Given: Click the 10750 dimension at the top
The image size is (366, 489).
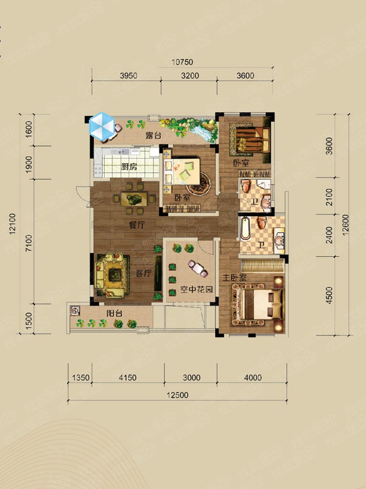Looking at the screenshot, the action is [x=182, y=62].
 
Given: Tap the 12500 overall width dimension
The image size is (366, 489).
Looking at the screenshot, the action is [x=177, y=395].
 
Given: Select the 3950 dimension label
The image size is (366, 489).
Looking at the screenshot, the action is [x=129, y=75].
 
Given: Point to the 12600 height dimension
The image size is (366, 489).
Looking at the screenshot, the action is [x=346, y=225].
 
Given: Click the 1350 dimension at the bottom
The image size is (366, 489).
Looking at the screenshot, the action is [x=81, y=378].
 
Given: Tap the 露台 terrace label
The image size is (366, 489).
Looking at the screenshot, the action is [x=153, y=136].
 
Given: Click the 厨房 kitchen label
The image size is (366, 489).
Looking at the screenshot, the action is [x=129, y=167].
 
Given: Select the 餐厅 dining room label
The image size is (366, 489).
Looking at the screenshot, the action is [x=137, y=225].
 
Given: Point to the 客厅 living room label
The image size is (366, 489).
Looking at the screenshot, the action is [x=144, y=273].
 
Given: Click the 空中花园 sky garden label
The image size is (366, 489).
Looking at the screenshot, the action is [x=197, y=289].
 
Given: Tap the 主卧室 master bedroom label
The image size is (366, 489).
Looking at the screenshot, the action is [x=234, y=277].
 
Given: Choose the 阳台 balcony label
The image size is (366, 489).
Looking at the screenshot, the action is [x=114, y=314].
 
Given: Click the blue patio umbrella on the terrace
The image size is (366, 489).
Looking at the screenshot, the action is [x=102, y=126].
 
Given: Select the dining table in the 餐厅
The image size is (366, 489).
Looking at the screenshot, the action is [x=134, y=199].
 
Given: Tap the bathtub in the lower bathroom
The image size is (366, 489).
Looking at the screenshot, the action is [x=245, y=228].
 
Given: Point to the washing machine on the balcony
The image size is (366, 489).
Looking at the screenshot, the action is [x=75, y=311].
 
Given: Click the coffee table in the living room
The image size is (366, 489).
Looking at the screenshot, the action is [x=115, y=275].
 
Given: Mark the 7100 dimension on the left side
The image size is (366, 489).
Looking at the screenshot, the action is [x=29, y=243].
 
